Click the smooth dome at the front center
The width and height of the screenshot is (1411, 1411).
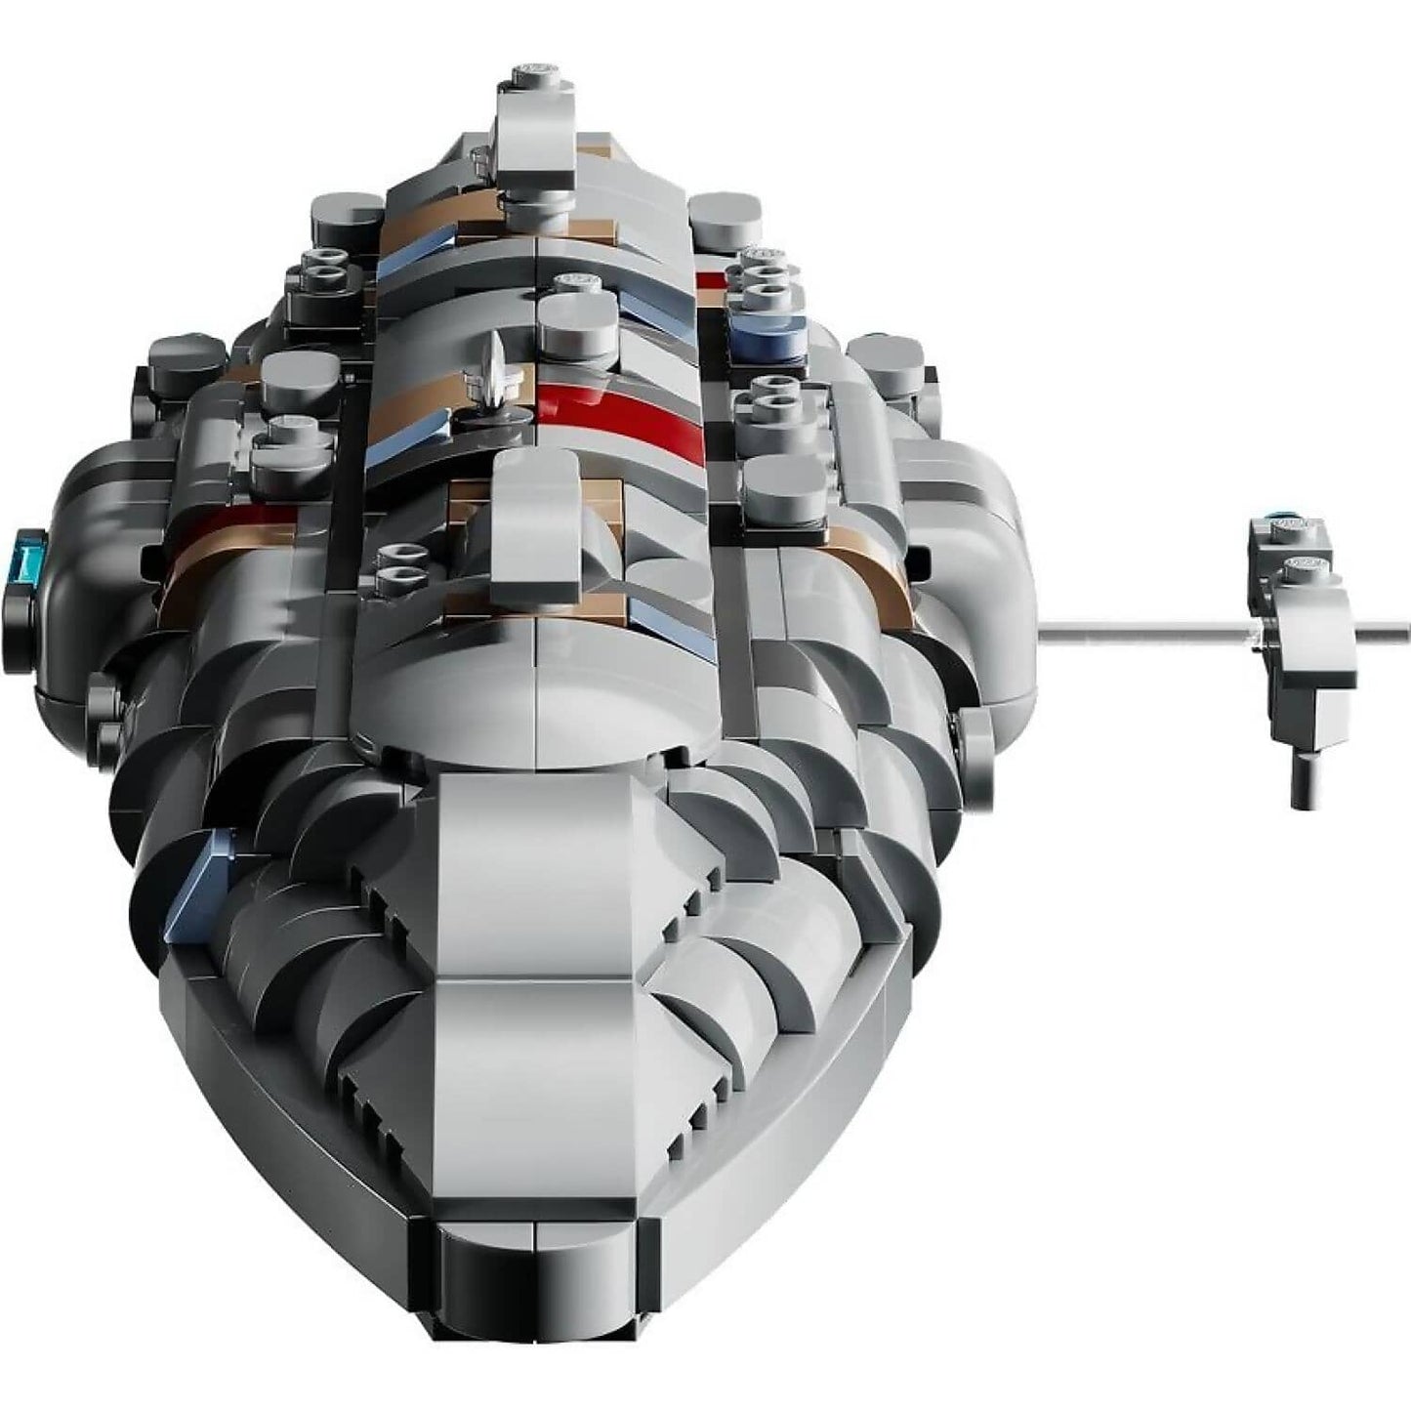537,693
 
